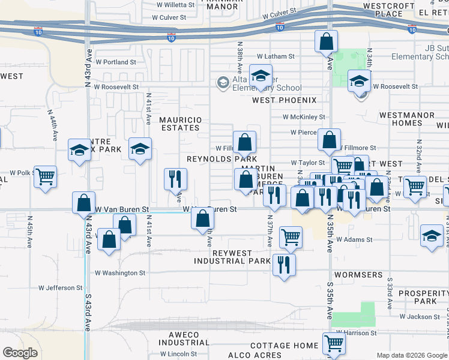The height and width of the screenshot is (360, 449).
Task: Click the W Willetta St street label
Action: click(175, 4)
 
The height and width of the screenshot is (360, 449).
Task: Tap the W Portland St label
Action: click(116, 62)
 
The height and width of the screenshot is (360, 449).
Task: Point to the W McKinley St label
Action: click(304, 117)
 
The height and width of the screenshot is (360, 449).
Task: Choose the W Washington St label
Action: click(120, 272)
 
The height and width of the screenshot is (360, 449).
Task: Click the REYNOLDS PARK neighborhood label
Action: click(217, 159)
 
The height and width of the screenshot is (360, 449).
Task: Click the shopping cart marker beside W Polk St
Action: click(45, 176)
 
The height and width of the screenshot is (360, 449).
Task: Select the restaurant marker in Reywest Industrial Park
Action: click(284, 264)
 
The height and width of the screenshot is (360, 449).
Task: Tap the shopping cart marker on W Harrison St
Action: click(334, 343)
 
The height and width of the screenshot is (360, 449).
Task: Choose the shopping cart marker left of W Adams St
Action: click(291, 236)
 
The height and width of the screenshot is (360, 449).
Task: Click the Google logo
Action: click(20, 353)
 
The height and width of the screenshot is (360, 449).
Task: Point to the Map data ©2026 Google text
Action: click(412, 355)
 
